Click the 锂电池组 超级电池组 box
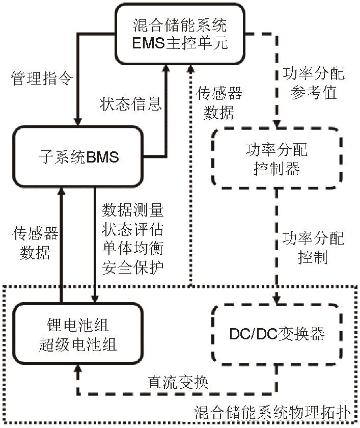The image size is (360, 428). pos(78,334)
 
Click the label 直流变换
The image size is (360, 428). pos(178,382)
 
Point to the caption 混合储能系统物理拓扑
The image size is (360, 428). pos(272,412)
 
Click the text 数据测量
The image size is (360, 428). pos(133,210)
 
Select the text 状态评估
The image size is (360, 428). pos(133,229)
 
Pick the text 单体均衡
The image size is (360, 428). pos(133,248)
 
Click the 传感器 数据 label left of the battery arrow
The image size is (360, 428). pos(35,244)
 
